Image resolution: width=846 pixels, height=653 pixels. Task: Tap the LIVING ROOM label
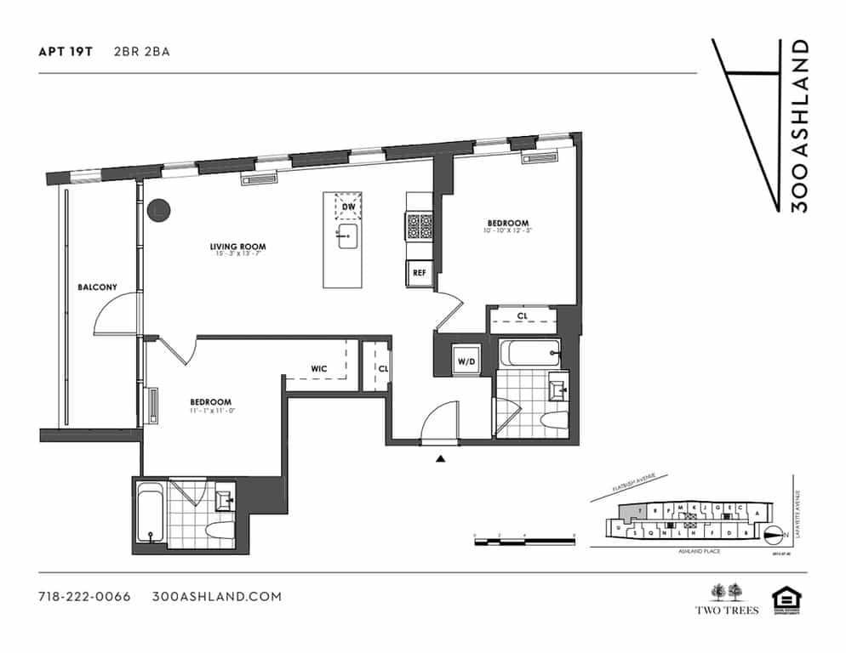[x=233, y=247]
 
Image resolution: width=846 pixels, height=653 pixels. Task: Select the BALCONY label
[x=96, y=287]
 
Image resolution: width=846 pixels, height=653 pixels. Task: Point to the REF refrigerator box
[x=419, y=273]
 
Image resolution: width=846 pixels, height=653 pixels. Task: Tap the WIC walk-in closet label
[x=319, y=368]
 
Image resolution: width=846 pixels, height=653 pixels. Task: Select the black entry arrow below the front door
[x=440, y=459]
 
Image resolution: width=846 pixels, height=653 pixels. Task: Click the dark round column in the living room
[x=157, y=210]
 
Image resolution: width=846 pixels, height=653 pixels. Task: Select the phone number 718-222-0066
[x=84, y=596]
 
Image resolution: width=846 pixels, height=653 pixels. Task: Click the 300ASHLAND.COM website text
[x=216, y=596]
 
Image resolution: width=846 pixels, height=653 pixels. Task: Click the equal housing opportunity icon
[x=786, y=599]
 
